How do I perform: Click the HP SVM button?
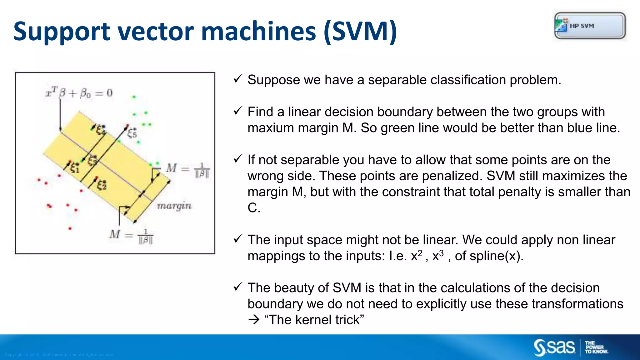pyautogui.click(x=590, y=26)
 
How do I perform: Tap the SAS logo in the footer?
pyautogui.click(x=554, y=347)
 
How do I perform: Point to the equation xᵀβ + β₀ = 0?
pyautogui.click(x=79, y=93)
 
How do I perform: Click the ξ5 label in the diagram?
pyautogui.click(x=132, y=133)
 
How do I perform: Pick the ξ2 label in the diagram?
pyautogui.click(x=101, y=185)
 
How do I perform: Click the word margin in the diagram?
pyautogui.click(x=174, y=206)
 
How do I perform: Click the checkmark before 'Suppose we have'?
pyautogui.click(x=238, y=79)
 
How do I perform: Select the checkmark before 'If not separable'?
pyautogui.click(x=238, y=159)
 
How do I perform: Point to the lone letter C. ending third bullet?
pyautogui.click(x=254, y=208)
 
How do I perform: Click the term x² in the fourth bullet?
pyautogui.click(x=417, y=256)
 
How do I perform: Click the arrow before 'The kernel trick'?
pyautogui.click(x=254, y=320)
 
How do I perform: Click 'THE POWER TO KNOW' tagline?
pyautogui.click(x=596, y=347)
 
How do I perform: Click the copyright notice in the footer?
pyautogui.click(x=61, y=355)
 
